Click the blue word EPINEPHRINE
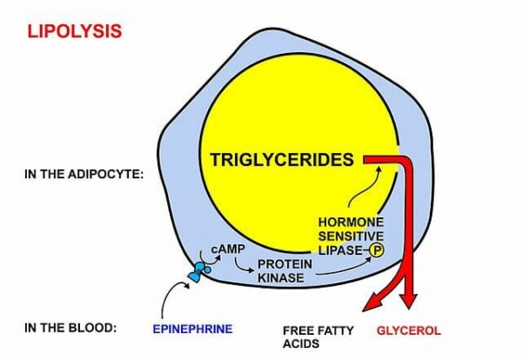193,330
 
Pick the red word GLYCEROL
408,330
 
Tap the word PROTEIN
284,263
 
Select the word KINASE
278,278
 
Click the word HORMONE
352,222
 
